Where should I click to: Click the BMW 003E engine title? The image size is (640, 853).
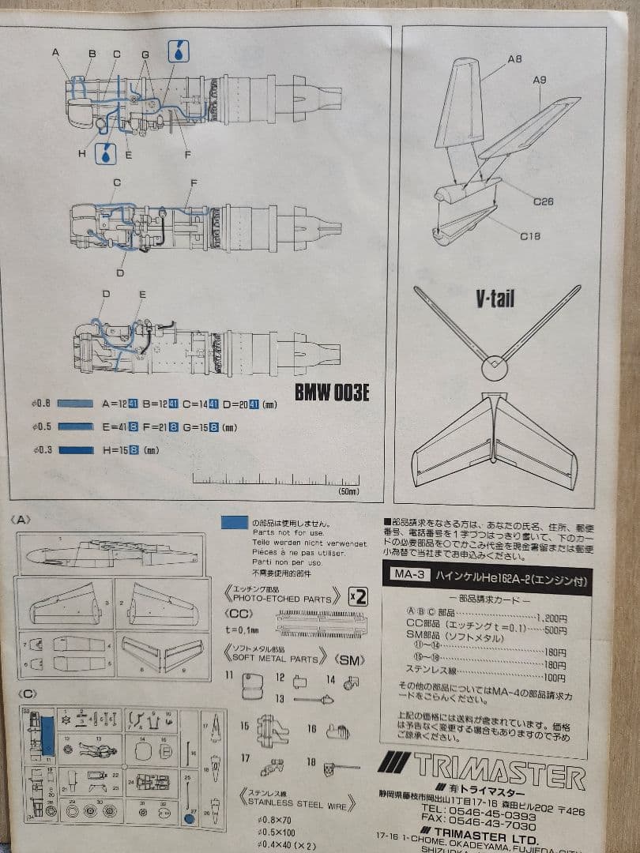tap(331, 393)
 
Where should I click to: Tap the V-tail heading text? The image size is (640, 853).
tap(495, 299)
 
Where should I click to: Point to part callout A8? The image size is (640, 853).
tap(515, 59)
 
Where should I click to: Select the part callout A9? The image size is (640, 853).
tap(540, 80)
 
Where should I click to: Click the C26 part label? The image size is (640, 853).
tap(543, 201)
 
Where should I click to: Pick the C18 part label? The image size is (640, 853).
tap(530, 235)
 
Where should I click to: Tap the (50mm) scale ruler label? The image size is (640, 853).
tap(348, 491)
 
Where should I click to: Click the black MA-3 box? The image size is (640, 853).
tap(410, 575)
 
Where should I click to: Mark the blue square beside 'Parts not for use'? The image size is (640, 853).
tap(235, 522)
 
